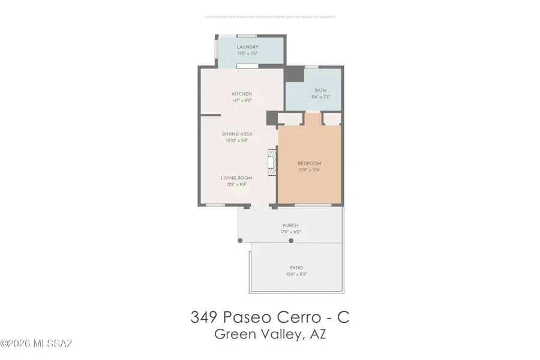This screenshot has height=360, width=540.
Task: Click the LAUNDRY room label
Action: point(247,47)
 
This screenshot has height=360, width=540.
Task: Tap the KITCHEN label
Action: point(242,94)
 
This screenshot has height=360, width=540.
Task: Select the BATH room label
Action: point(320,91)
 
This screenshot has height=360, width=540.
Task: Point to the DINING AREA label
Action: point(236,134)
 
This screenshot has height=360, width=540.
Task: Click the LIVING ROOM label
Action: point(236,178)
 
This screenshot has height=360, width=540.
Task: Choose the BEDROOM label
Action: point(310,163)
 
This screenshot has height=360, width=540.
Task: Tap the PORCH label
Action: point(290,226)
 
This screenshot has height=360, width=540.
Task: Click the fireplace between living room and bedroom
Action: point(272,163)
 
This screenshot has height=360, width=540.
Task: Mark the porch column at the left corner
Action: point(241,241)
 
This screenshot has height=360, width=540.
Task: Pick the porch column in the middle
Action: point(291,241)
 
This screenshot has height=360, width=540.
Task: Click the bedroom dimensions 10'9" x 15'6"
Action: point(310,170)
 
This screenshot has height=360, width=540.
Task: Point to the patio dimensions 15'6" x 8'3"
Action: point(296,275)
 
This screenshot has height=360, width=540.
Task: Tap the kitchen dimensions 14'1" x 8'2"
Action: point(242,101)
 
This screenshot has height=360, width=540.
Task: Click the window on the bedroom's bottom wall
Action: point(312,205)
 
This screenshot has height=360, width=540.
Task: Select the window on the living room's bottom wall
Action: point(215,205)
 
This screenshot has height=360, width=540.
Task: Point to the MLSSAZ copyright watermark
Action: point(37,344)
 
